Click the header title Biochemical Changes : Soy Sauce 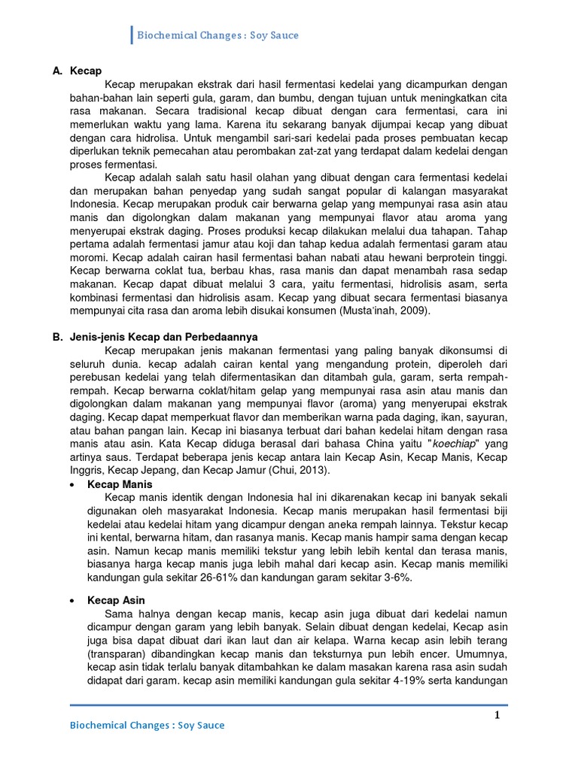[x=218, y=35]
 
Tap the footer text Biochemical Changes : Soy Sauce [x=147, y=726]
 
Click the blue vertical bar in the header [x=132, y=35]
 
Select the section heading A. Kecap [x=77, y=71]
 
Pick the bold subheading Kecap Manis [x=120, y=484]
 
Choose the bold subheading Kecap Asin [x=116, y=601]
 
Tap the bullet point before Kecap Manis [x=71, y=485]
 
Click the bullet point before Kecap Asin [x=71, y=602]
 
